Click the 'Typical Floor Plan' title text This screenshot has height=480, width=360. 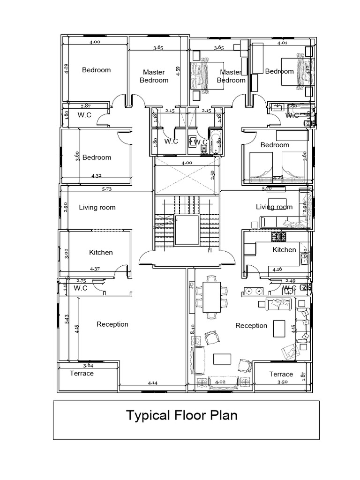181,415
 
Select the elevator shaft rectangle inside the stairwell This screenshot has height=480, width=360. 187,230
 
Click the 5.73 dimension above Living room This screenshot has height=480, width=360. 107,189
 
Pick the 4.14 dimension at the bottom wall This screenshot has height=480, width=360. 152,383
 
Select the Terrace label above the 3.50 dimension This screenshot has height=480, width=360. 281,374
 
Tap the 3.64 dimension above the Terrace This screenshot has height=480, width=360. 88,365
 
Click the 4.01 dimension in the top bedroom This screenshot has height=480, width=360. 282,43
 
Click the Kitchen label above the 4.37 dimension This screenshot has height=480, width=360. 101,252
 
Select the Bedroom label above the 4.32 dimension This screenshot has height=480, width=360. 97,157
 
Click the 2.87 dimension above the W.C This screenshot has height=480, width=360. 85,106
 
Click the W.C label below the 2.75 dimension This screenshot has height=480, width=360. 81,288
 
